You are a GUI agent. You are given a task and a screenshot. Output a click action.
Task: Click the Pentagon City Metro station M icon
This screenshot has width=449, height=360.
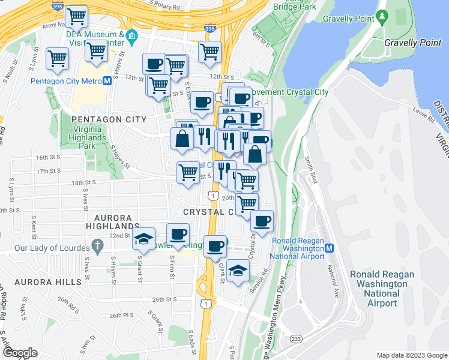tap(106, 81)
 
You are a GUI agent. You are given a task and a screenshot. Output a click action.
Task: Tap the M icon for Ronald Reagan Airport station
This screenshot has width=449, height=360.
tap(330, 248)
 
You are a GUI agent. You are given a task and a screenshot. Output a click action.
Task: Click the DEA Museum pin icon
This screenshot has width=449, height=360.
tap(132, 40)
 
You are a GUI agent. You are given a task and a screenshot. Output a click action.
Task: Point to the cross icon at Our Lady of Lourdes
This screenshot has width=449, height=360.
tap(97, 247)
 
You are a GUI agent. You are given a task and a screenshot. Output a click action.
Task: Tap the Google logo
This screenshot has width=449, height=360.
tap(20, 353)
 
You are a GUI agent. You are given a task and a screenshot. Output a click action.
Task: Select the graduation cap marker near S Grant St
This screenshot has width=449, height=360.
tap(143, 239)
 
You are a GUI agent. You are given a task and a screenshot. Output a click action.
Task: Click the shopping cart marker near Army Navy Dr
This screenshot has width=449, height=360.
tap(76, 17)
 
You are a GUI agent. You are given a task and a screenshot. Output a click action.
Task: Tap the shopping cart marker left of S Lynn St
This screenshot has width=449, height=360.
tap(58, 59)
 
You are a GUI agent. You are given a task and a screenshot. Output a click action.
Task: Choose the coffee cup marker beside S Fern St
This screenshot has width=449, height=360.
tap(178, 235)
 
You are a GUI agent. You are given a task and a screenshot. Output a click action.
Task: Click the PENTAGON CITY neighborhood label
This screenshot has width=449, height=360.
tap(109, 119)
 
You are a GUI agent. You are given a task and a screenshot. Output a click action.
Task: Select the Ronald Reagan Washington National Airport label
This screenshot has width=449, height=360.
tap(382, 289)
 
